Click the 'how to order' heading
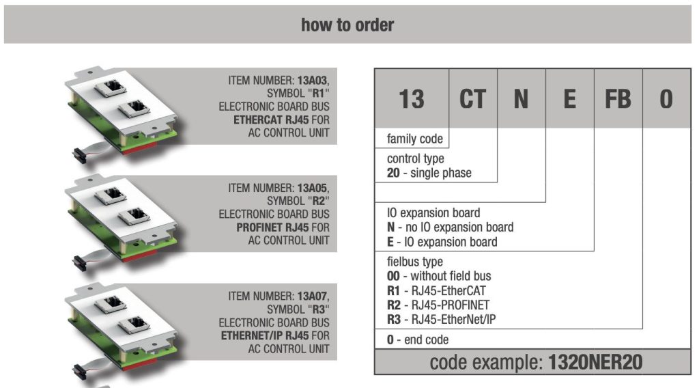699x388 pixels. pos(347,25)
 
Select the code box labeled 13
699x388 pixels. pos(412,98)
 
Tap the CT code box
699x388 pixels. pos(472,98)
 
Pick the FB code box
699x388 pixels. pos(618,98)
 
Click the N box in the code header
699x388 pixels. pos(521,98)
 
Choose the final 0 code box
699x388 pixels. pos(666,98)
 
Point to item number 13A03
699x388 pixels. pos(312,81)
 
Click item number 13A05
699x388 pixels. pos(312,189)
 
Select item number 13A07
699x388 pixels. pos(312,296)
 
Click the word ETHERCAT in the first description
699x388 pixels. pos(258,120)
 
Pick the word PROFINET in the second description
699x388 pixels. pos(259,227)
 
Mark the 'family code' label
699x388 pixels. pos(414,139)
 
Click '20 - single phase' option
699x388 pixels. pos(429,173)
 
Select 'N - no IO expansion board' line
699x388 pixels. pos(451,227)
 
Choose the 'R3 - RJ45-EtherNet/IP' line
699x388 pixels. pos(442,319)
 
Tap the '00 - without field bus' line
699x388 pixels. pos(439,276)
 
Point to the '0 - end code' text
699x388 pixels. pos(418,339)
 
